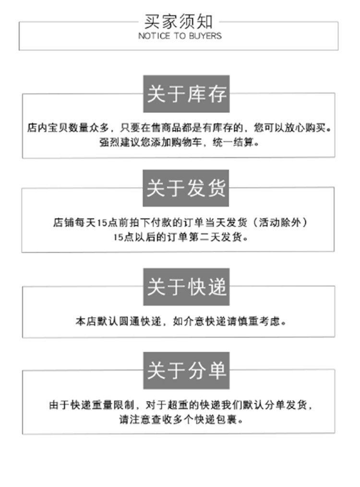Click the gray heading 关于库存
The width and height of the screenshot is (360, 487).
[x=186, y=94]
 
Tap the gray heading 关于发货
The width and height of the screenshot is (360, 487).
[x=186, y=188]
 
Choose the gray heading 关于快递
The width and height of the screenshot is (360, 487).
[x=186, y=287]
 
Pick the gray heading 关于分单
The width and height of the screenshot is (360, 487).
[x=186, y=371]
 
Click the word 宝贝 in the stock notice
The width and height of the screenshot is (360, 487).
[x=57, y=129]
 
